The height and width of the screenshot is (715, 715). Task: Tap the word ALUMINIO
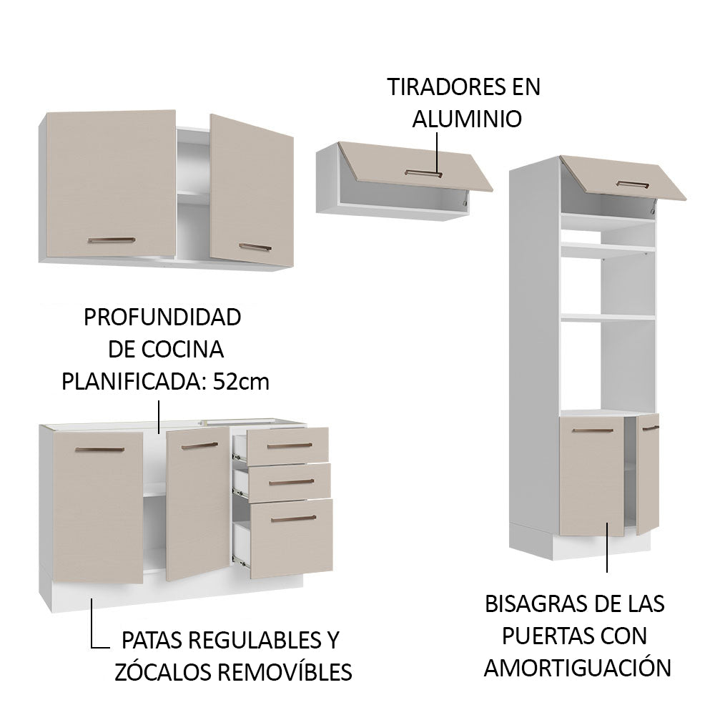pos(466,119)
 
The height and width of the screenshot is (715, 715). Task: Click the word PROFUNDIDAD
pos(162,317)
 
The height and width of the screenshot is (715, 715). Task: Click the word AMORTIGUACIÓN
pos(578,668)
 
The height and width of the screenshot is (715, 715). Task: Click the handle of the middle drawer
pos(291,481)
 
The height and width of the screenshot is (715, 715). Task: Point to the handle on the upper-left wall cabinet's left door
pos(111,240)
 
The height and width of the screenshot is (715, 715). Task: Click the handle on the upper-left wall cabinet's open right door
pos(255,247)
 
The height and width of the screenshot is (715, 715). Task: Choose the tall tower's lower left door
pos(590,475)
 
